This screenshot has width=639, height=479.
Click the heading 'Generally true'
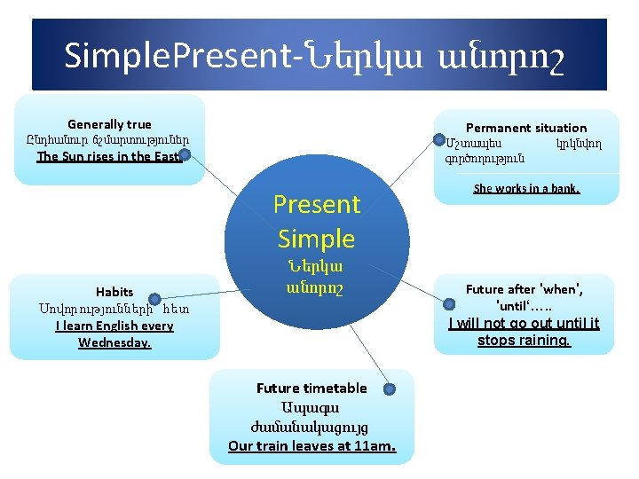click(109, 124)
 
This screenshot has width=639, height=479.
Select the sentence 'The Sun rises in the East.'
click(109, 157)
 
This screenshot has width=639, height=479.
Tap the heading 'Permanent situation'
click(526, 128)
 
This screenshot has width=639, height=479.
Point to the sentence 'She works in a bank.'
click(526, 188)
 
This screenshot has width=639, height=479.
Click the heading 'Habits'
click(114, 292)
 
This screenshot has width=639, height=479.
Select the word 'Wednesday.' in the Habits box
click(114, 342)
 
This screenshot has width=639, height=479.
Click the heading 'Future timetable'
click(311, 389)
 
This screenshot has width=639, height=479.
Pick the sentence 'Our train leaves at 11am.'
click(312, 445)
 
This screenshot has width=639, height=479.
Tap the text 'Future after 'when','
click(525, 289)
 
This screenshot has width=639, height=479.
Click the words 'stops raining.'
click(524, 341)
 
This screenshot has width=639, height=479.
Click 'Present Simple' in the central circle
click(316, 222)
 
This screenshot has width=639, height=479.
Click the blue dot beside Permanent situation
click(438, 138)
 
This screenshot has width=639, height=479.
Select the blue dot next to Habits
click(154, 301)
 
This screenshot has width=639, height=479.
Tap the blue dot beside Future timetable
click(389, 389)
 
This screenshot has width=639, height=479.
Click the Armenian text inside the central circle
click(316, 277)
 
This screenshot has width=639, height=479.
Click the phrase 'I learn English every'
click(114, 326)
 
